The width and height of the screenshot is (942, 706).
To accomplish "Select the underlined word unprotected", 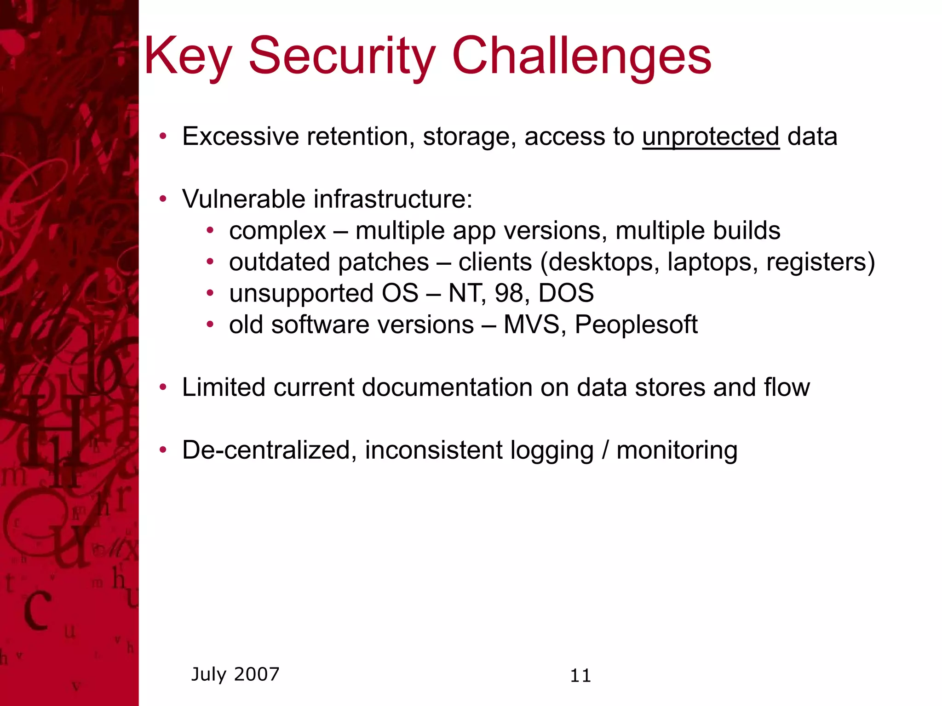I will [x=711, y=137].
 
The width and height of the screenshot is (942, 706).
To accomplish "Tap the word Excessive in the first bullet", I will [x=241, y=137].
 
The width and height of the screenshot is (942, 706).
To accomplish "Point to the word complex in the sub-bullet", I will [x=277, y=231].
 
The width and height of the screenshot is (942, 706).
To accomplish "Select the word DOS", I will [x=566, y=293].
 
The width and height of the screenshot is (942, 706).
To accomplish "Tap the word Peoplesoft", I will [x=636, y=325].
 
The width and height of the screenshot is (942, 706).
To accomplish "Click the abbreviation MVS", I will [x=531, y=325].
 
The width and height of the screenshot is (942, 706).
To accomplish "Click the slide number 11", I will [x=580, y=676].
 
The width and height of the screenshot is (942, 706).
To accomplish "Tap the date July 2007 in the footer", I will [x=235, y=674].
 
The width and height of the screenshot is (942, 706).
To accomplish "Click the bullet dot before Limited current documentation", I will [x=163, y=387].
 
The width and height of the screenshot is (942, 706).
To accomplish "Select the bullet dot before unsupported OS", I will [x=210, y=293].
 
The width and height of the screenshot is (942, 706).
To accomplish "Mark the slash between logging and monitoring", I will [x=605, y=450].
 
